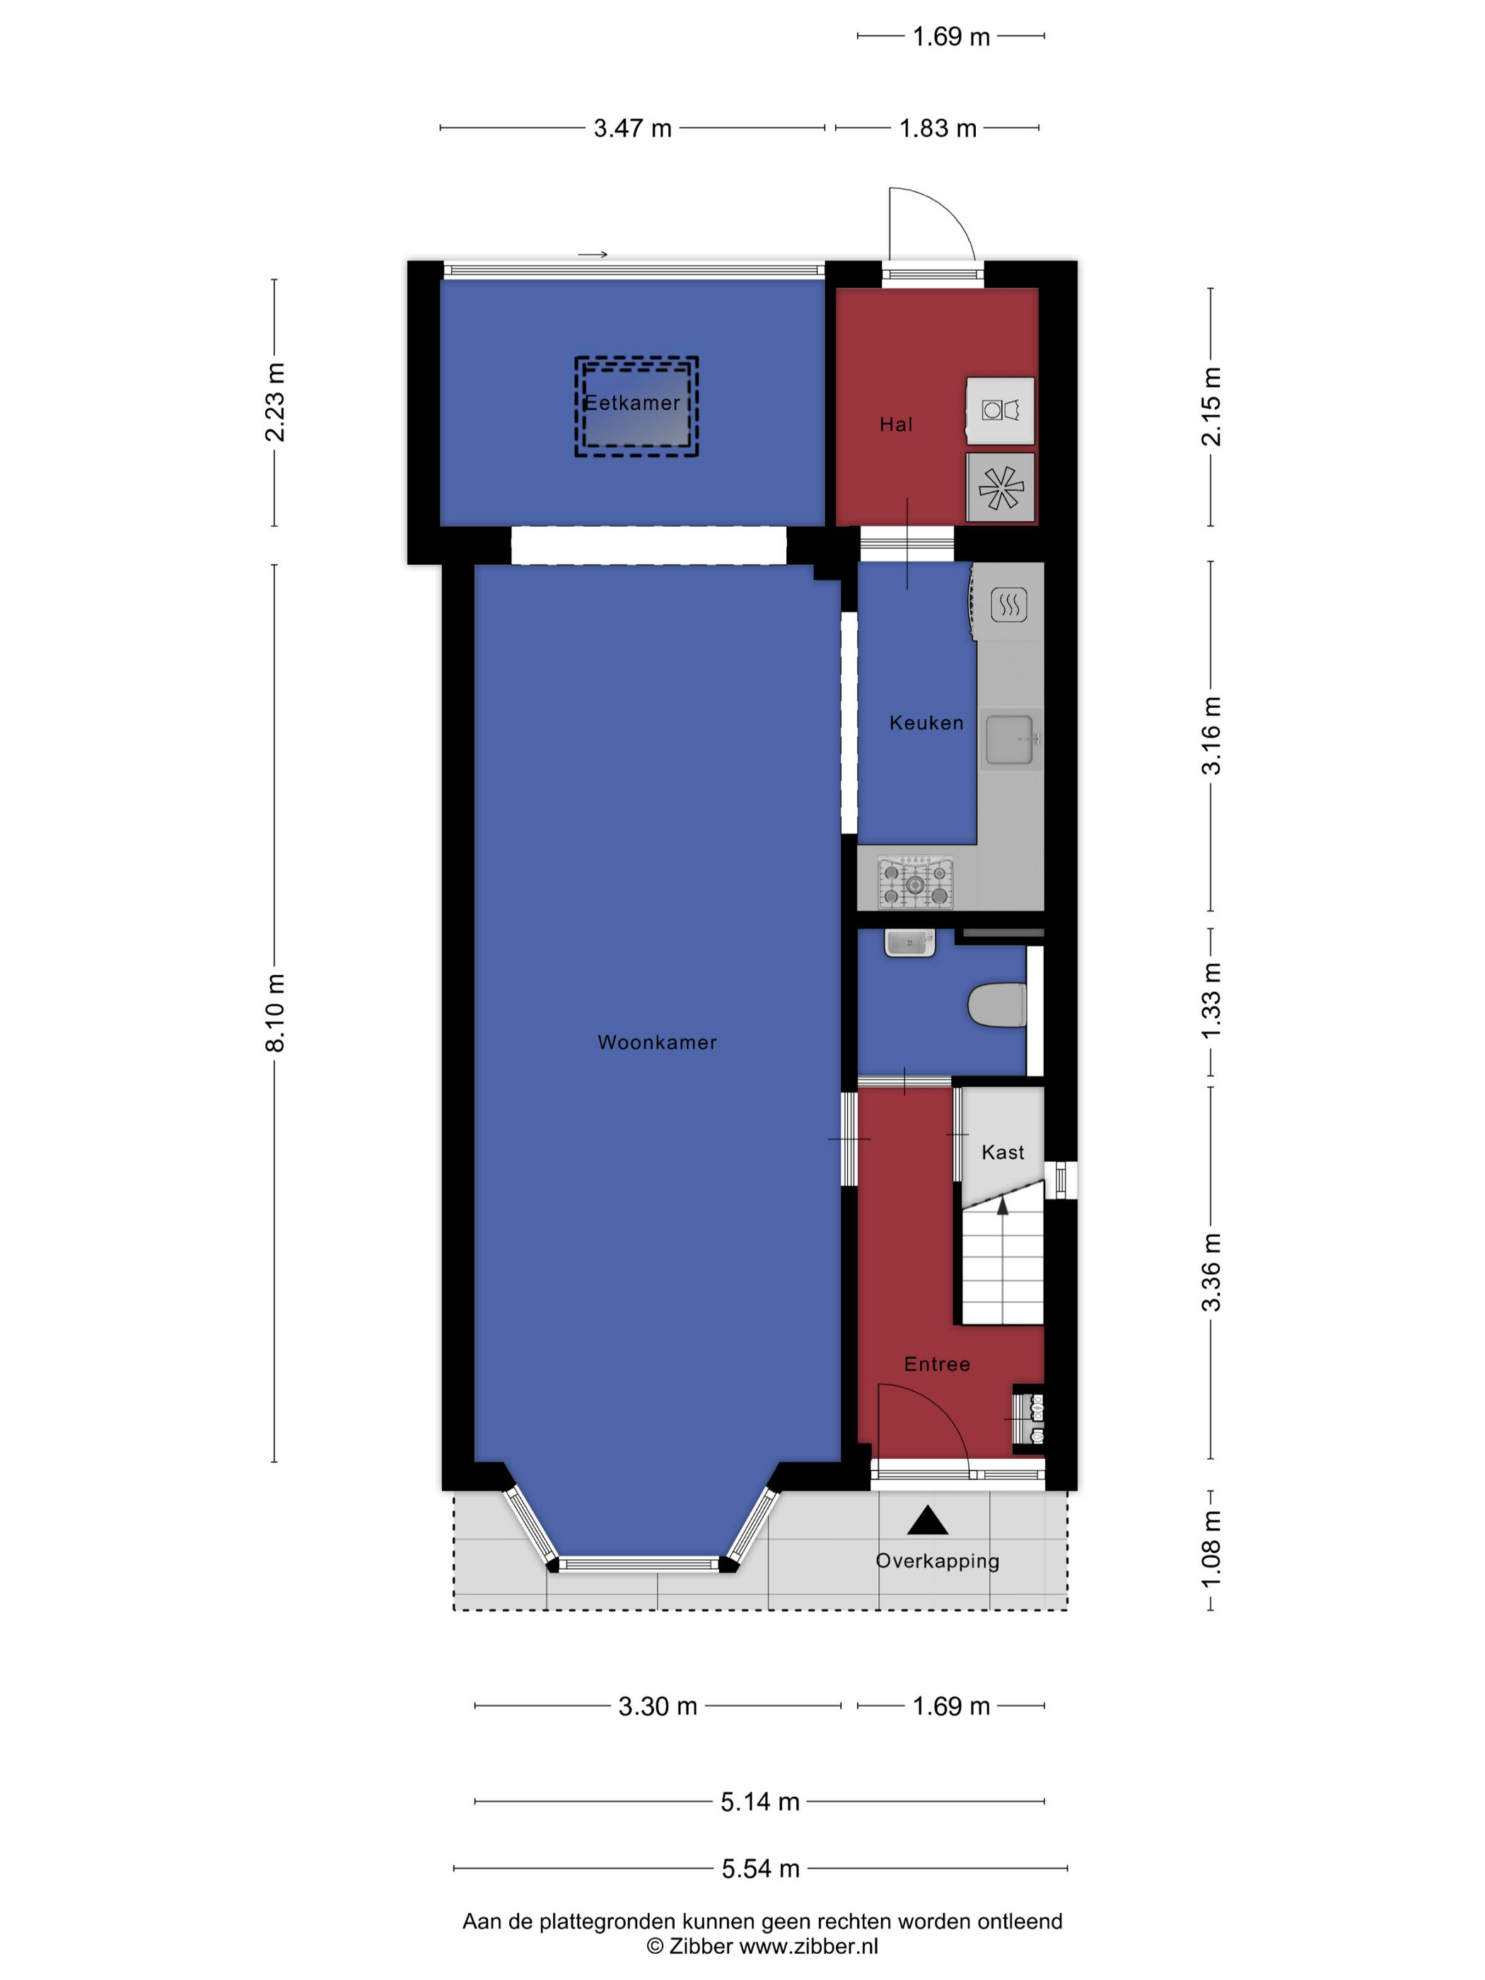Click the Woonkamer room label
pos(657,1042)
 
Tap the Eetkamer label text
pos(632,403)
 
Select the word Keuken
pos(926,723)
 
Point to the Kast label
pos(1003,1152)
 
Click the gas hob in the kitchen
pos(915,882)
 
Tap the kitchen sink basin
pos(1009,740)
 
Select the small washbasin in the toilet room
pos(909,943)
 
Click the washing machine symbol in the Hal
pos(1001,410)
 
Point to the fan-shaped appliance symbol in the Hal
pos(1001,487)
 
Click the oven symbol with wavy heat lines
pos(1009,605)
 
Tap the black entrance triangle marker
pos(927,1520)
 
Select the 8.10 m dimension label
pos(276,1013)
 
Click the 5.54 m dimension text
pos(761,1868)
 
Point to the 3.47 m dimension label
pos(633,128)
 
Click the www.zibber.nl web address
pos(808,1946)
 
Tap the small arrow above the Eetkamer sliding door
pos(593,254)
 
